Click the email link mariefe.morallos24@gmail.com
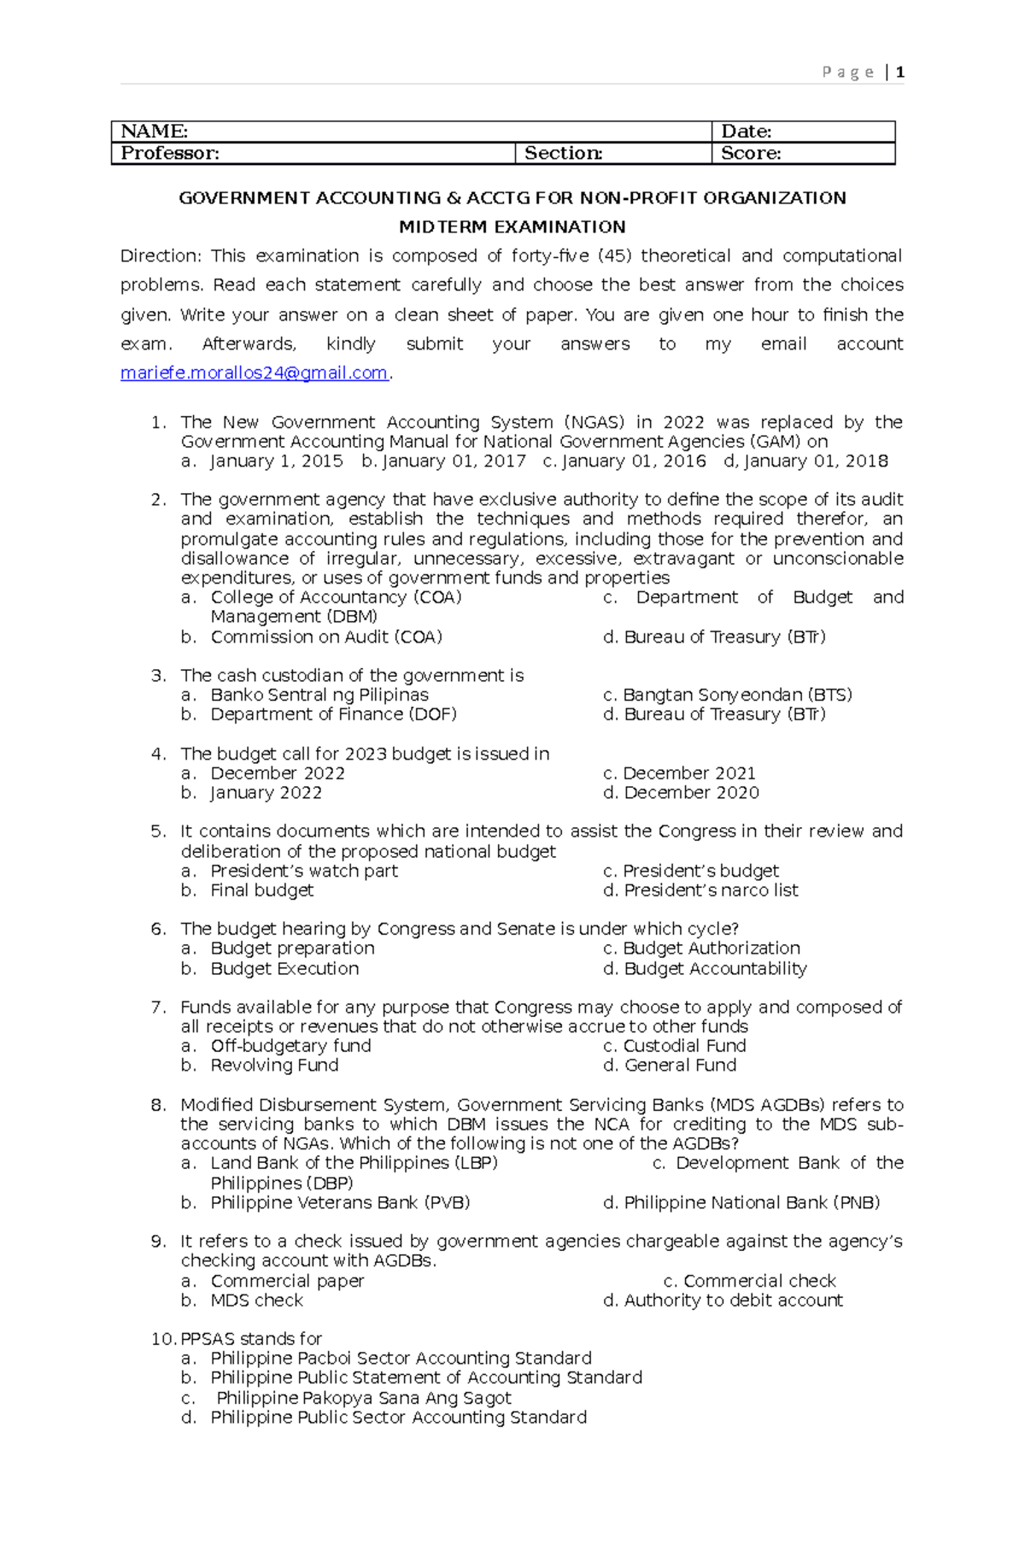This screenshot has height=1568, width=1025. pyautogui.click(x=254, y=373)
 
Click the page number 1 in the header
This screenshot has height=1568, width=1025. pyautogui.click(x=899, y=73)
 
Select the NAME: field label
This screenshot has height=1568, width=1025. pyautogui.click(x=154, y=131)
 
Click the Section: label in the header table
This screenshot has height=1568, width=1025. pyautogui.click(x=563, y=153)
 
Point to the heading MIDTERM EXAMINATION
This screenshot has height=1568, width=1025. pyautogui.click(x=512, y=226)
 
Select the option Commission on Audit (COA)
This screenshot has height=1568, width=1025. pyautogui.click(x=326, y=637)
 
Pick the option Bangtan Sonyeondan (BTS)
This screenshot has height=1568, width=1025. pyautogui.click(x=737, y=695)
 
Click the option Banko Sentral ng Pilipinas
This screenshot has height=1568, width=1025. pyautogui.click(x=319, y=695)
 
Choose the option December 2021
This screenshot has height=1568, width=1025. pyautogui.click(x=688, y=773)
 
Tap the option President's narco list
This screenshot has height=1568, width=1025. pyautogui.click(x=711, y=890)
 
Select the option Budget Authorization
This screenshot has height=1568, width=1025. pyautogui.click(x=711, y=948)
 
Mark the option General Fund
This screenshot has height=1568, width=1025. pyautogui.click(x=680, y=1066)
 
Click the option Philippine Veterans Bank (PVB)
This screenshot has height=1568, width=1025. pyautogui.click(x=340, y=1203)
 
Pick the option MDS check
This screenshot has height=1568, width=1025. pyautogui.click(x=256, y=1301)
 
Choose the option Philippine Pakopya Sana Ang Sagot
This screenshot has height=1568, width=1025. pyautogui.click(x=363, y=1398)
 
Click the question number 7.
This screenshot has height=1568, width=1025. pyautogui.click(x=158, y=1007)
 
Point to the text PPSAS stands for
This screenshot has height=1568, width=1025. pyautogui.click(x=251, y=1339)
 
